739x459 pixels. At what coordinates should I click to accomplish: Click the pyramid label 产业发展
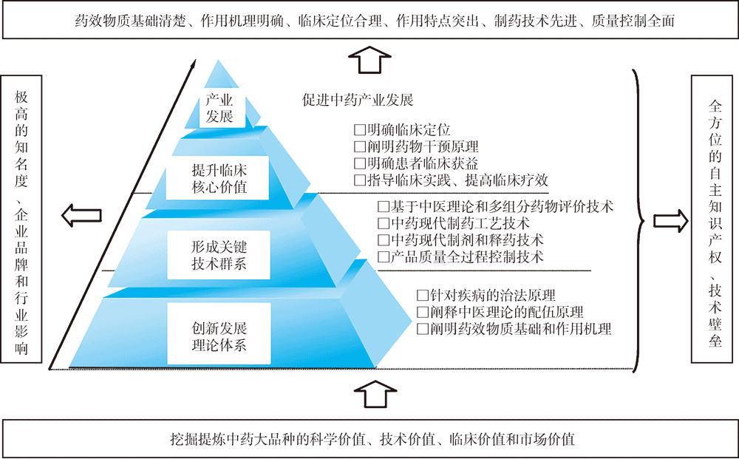[x=219, y=108]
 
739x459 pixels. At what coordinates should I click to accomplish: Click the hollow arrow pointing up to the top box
[x=368, y=58]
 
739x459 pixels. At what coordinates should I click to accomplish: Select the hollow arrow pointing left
[x=81, y=216]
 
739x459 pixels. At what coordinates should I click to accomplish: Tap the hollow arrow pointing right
[x=670, y=220]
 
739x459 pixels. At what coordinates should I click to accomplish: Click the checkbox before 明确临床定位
[x=360, y=129]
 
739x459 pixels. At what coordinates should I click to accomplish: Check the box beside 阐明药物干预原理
[x=360, y=146]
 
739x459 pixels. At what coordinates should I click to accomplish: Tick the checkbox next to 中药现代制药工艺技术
[x=382, y=223]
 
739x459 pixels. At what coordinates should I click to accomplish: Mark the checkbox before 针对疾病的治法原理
[x=423, y=295]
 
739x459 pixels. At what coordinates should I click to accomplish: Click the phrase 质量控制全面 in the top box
[x=633, y=21]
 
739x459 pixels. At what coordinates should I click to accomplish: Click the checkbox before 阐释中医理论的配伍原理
[x=423, y=312]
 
